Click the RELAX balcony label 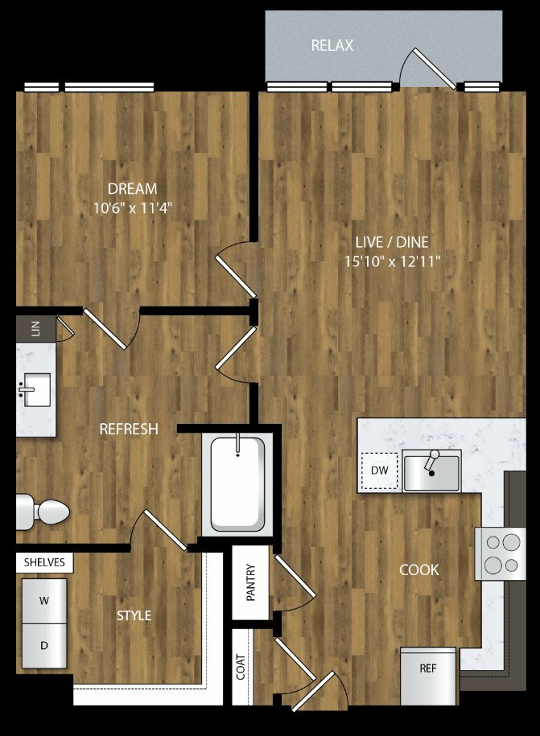[332, 46]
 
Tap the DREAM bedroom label [133, 189]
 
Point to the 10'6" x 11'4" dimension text [133, 208]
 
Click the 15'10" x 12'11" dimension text [393, 261]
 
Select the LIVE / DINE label [392, 242]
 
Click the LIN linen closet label [35, 328]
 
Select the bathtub [237, 484]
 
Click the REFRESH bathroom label [129, 429]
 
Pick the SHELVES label [44, 562]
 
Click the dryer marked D [44, 646]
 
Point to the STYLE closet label [134, 616]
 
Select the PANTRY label [251, 582]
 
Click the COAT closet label [241, 667]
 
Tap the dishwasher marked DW [379, 471]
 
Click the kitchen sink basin [431, 473]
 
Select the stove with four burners [501, 554]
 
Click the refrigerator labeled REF [428, 676]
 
